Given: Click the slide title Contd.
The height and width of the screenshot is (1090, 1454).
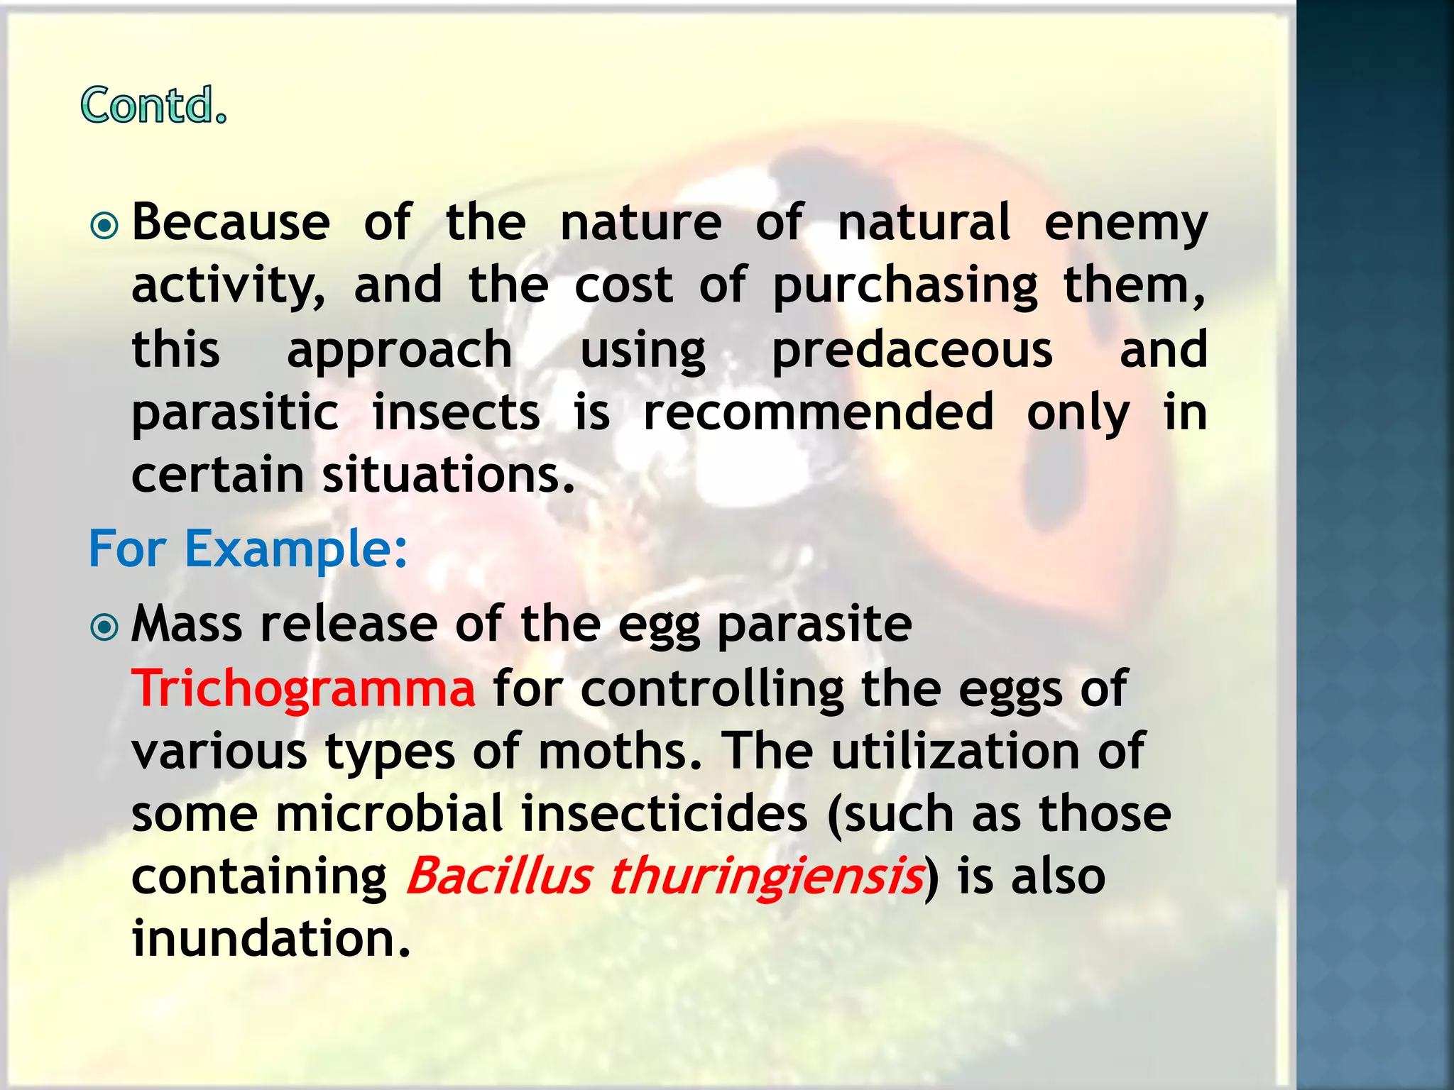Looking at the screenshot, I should (153, 106).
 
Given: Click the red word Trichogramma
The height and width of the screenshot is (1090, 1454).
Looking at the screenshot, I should (303, 688).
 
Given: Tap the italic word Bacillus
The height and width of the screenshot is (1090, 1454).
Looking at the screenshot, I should (498, 876).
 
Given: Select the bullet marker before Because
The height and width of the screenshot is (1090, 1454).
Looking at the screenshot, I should (104, 226).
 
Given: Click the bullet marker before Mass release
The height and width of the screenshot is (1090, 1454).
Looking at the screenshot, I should (104, 627).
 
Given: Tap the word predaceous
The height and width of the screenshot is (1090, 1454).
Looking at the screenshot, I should (912, 350).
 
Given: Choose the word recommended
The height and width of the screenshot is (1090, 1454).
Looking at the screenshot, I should (818, 412).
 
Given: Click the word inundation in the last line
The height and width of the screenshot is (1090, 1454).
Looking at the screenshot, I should (271, 938).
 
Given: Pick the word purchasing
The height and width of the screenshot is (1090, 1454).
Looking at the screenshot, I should (905, 286).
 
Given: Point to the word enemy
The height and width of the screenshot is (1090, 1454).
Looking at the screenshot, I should (1125, 224).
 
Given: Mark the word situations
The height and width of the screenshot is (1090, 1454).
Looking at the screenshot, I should (447, 475).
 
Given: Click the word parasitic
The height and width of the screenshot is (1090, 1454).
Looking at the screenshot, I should (235, 414).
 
